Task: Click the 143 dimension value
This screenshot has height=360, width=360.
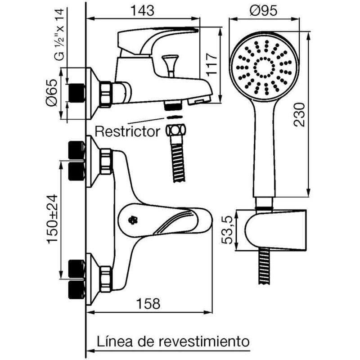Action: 143,9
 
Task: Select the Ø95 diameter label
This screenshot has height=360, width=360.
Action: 265,9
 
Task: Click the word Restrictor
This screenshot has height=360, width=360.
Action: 128,131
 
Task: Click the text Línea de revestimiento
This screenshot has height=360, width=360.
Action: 172,341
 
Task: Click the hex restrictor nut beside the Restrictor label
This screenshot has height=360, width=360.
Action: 175,130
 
